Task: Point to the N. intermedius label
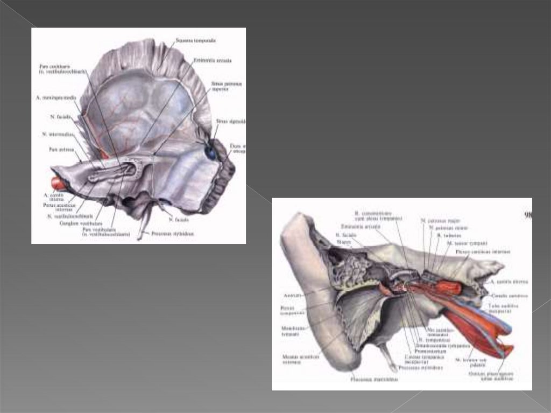54,134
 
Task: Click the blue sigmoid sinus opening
211,153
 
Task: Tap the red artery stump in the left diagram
58,184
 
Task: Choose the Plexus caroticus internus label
483,251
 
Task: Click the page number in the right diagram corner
527,214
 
